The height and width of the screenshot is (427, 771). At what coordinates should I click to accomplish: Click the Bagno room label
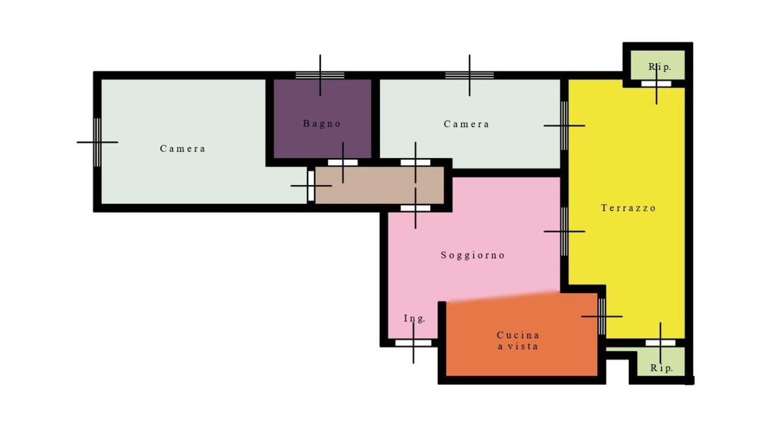pos(322,124)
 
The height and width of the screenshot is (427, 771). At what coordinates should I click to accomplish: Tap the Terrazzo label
pos(628,208)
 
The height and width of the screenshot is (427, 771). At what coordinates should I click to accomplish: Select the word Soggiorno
pos(473,255)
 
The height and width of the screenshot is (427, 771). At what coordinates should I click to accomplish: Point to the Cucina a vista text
pos(518,340)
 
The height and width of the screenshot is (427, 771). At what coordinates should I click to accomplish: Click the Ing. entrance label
pos(414,318)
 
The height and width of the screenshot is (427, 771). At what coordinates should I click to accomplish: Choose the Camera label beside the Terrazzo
pos(466,124)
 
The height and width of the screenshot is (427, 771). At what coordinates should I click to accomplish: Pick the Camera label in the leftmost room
pos(183,148)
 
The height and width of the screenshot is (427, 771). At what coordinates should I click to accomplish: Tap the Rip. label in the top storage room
pos(660,67)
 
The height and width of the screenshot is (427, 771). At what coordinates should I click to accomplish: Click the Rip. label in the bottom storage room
pos(661,368)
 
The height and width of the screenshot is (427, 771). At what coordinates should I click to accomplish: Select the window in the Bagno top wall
pos(320,75)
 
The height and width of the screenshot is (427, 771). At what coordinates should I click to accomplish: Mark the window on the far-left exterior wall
pos(98,142)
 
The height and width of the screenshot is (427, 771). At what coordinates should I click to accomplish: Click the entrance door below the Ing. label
pos(413,343)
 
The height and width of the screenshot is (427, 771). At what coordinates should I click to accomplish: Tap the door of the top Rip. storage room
pos(656,84)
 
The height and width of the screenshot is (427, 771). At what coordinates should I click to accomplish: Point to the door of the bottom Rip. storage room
pos(660,343)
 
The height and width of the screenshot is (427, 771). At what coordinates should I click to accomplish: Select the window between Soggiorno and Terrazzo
pos(564,232)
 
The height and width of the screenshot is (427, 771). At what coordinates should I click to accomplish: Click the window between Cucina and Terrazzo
pos(602,317)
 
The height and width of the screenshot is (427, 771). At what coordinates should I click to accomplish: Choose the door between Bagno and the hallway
pos(343,162)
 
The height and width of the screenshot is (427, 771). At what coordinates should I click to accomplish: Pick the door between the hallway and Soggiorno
pos(416,208)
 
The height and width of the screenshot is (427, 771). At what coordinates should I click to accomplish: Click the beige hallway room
pos(379,185)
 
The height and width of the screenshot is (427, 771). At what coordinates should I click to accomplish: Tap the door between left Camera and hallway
pos(311,186)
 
